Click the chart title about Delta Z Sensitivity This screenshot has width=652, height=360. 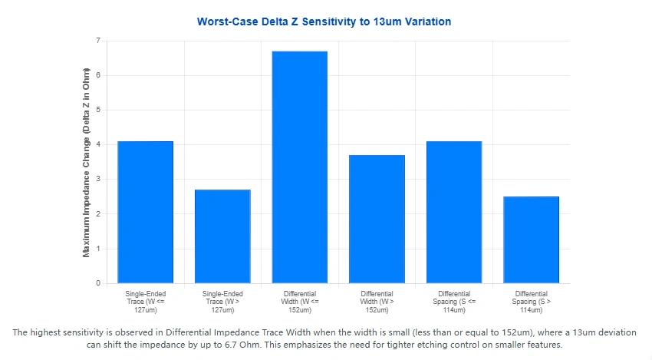[x=324, y=21]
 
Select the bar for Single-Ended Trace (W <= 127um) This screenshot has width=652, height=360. [x=145, y=212]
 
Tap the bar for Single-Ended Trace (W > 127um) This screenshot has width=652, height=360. [x=222, y=236]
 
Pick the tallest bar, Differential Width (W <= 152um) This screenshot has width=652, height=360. [x=299, y=167]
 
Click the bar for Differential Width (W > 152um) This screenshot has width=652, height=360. [x=377, y=219]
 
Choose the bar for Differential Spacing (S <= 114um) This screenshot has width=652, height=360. [x=454, y=212]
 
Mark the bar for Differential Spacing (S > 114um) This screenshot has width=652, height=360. [x=531, y=239]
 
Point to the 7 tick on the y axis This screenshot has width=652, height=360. [x=97, y=40]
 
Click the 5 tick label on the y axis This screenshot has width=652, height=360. [x=97, y=110]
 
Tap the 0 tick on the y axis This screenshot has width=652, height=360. [x=97, y=283]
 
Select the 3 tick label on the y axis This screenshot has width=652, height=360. [x=97, y=179]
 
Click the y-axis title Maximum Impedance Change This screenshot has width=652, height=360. [x=87, y=162]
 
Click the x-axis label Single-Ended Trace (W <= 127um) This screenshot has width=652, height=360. [x=145, y=302]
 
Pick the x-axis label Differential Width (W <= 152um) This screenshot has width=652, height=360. [x=299, y=302]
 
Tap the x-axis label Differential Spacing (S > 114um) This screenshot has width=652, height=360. [x=531, y=302]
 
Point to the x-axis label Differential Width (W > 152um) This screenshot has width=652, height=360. [x=377, y=302]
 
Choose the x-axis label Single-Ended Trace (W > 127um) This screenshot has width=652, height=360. [x=222, y=302]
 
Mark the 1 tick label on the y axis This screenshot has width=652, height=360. [x=97, y=249]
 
